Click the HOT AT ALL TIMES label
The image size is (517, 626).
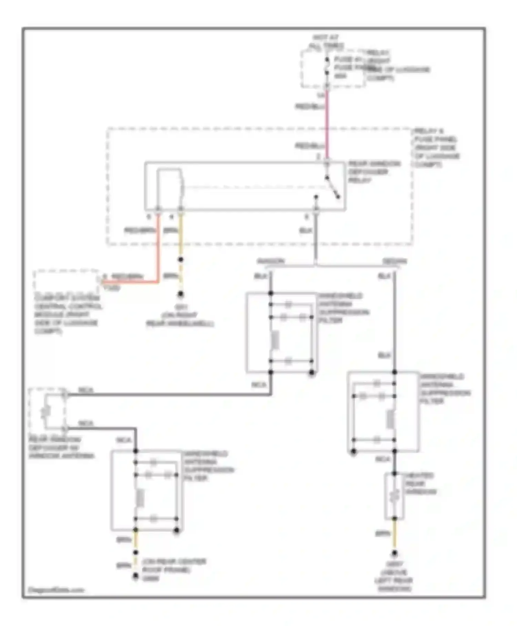pyautogui.click(x=326, y=41)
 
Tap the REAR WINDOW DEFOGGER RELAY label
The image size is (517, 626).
pyautogui.click(x=374, y=172)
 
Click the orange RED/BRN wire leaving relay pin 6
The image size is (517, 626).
pyautogui.click(x=159, y=248)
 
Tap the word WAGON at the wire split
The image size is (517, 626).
pyautogui.click(x=271, y=261)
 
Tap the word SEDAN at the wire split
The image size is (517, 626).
pyautogui.click(x=395, y=261)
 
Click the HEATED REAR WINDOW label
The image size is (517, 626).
pyautogui.click(x=420, y=483)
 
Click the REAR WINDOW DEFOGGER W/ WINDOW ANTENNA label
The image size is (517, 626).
pyautogui.click(x=61, y=448)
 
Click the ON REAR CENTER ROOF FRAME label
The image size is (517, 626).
pyautogui.click(x=174, y=569)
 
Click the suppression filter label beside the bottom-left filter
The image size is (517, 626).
pyautogui.click(x=208, y=466)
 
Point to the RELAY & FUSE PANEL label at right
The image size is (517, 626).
pyautogui.click(x=436, y=147)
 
